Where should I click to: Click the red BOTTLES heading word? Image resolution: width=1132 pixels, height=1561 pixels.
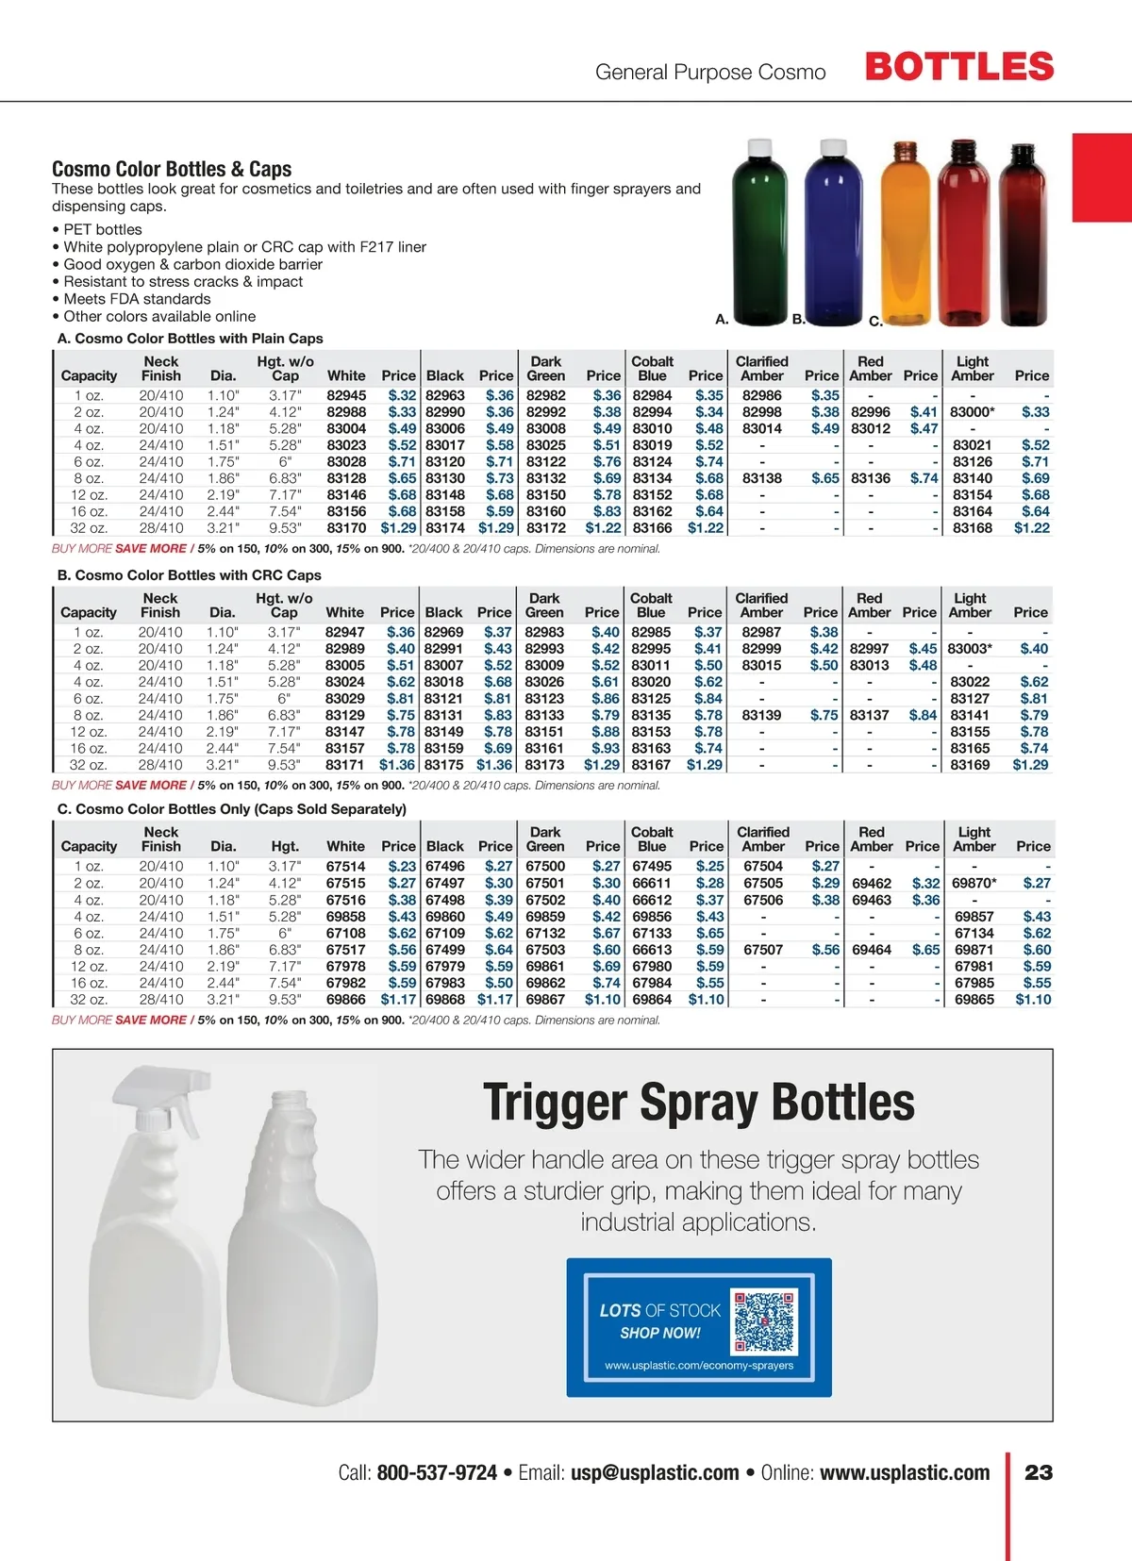coord(958,67)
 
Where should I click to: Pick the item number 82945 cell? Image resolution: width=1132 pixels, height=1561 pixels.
coord(346,395)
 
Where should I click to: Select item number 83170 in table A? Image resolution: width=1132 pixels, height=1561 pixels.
coord(346,528)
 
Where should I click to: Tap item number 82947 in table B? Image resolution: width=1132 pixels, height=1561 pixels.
coord(344,632)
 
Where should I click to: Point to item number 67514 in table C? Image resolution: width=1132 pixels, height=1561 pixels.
coord(345,866)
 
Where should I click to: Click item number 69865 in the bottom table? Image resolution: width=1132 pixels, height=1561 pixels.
coord(974,999)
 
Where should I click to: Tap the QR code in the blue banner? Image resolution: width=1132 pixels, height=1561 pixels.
coord(764,1321)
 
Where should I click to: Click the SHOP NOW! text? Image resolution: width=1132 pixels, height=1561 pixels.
coord(659,1333)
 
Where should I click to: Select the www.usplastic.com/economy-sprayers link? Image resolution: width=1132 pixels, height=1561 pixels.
coord(699,1365)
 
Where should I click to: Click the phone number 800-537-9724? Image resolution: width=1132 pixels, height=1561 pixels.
coord(437,1472)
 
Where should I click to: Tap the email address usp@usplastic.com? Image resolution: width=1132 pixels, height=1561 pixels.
coord(655,1472)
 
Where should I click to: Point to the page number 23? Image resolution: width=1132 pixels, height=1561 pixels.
coord(1039,1472)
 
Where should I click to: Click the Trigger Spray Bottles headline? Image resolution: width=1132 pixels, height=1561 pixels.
coord(698,1103)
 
